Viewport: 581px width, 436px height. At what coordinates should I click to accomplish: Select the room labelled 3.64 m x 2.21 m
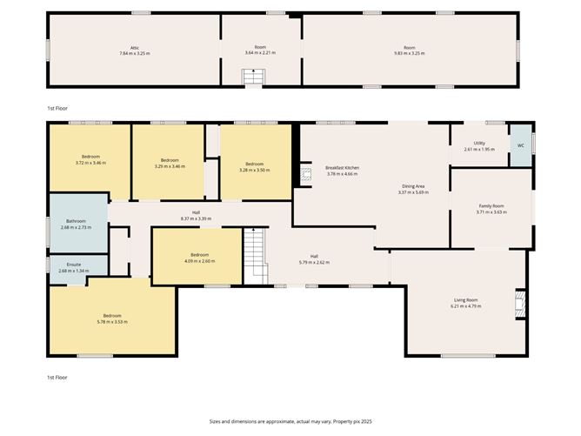(260, 50)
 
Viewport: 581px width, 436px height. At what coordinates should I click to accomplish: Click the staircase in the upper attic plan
(251, 78)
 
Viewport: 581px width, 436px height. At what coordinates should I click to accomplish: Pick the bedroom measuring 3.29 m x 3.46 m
(167, 163)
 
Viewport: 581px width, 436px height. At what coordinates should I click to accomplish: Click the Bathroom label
(76, 225)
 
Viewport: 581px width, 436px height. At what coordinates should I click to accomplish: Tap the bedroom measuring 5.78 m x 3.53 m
(112, 318)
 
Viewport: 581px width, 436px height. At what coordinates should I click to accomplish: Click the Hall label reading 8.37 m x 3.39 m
(196, 218)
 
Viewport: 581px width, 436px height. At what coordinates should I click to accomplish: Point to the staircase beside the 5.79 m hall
(253, 254)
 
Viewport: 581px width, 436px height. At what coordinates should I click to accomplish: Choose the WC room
(521, 145)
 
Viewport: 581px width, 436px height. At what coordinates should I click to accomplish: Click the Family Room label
(491, 208)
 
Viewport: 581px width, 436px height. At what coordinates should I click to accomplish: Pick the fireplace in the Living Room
(520, 302)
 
